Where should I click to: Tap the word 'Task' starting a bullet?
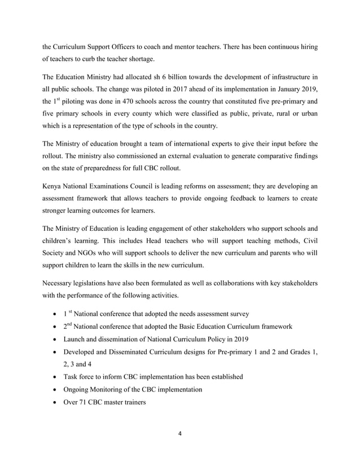tap(65, 377)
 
